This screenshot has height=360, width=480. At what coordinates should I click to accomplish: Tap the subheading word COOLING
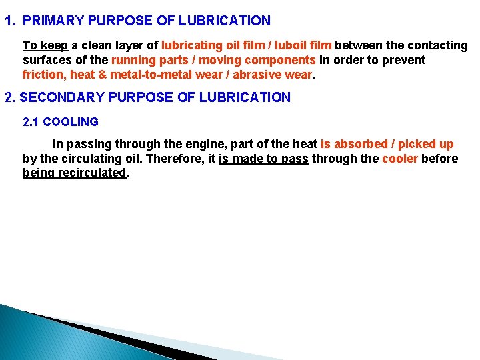coord(71,122)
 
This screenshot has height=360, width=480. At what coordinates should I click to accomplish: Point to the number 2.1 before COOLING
coord(31,122)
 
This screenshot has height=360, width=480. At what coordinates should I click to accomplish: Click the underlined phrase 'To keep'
coord(45,45)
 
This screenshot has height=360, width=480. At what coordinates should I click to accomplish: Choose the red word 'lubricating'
coord(193,45)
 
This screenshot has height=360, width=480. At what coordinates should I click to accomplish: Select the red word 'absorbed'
coord(359,144)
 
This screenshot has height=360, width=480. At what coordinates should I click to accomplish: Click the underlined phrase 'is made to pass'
coord(263,159)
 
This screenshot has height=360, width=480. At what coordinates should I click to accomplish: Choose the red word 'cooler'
coord(400,159)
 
